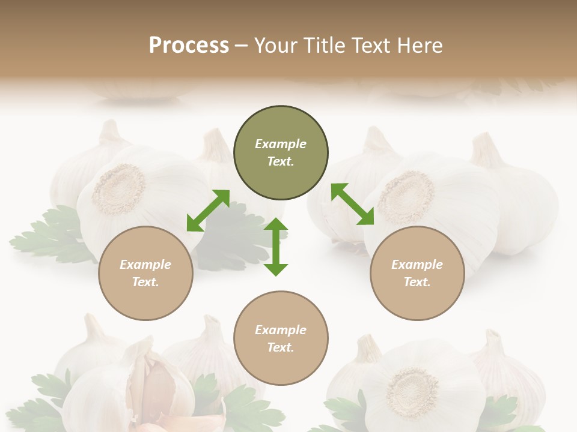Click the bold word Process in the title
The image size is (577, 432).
[189, 46]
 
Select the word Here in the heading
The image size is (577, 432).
[418, 46]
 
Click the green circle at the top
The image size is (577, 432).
[281, 153]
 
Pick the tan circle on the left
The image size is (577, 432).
[145, 273]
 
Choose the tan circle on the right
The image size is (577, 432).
[417, 273]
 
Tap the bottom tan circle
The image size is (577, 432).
[281, 338]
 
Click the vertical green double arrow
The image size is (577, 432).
[276, 247]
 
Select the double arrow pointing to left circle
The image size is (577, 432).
[208, 210]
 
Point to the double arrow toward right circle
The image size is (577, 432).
[352, 205]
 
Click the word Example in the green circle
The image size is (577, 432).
[281, 144]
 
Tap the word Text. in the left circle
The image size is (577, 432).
[145, 282]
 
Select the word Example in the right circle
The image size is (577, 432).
[417, 265]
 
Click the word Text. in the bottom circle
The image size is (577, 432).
[281, 347]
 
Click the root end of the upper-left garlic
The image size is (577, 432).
[118, 189]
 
